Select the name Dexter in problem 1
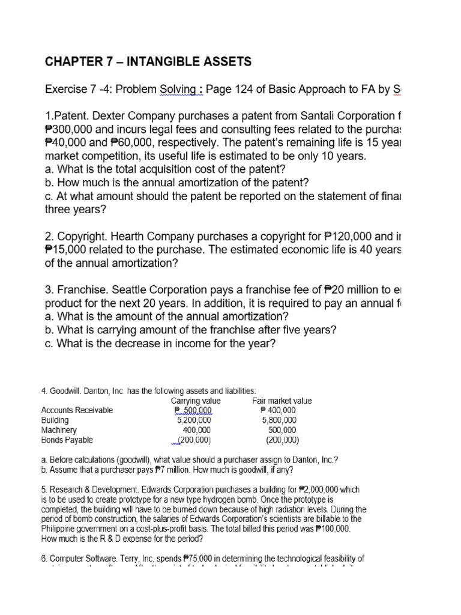pos(112,115)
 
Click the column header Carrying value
pos(196,401)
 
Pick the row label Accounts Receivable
pos(77,411)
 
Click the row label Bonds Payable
pos(67,440)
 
